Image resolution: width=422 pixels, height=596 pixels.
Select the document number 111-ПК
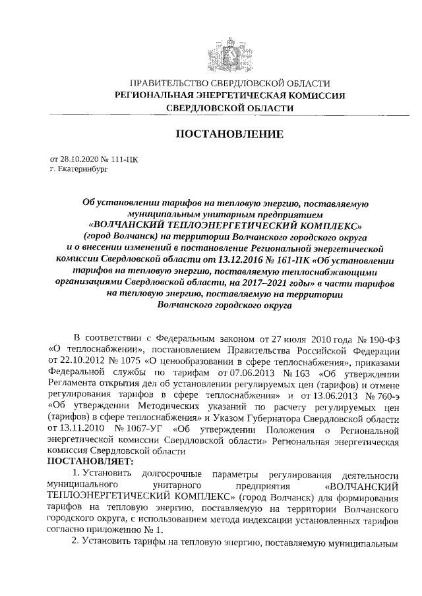(x=125, y=159)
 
